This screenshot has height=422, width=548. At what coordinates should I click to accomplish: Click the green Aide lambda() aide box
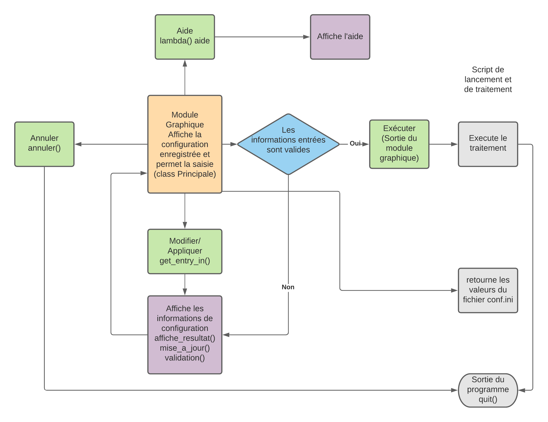[185, 37]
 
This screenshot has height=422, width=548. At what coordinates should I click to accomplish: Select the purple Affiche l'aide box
[340, 37]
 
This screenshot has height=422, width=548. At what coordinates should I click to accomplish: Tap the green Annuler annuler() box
[44, 144]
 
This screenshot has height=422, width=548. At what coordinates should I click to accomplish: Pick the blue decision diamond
[288, 144]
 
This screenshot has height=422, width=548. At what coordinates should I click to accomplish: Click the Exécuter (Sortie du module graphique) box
[399, 144]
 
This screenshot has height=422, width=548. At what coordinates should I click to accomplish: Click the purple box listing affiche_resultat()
[185, 334]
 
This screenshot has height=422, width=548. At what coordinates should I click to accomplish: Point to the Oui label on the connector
[355, 143]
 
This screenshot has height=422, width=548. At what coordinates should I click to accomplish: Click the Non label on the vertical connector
[288, 287]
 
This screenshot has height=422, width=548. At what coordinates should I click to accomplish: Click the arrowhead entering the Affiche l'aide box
[306, 37]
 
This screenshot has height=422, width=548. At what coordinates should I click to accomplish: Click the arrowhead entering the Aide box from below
[185, 63]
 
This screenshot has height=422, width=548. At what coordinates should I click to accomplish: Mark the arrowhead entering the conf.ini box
[454, 290]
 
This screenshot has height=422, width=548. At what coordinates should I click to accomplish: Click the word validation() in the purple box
[185, 358]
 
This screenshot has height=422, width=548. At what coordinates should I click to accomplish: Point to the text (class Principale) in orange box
[185, 174]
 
